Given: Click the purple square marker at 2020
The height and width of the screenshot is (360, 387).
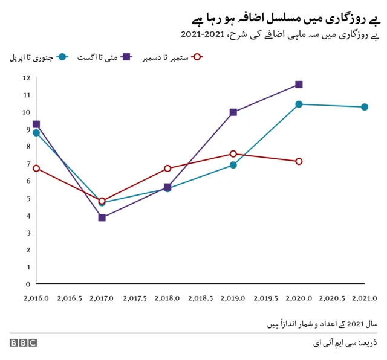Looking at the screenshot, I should click(x=299, y=85).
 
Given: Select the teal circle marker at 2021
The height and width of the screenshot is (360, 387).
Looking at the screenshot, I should click(x=364, y=107).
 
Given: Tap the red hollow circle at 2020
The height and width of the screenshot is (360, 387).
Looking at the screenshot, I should click(x=299, y=161).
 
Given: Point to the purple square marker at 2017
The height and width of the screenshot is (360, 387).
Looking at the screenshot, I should click(x=102, y=217).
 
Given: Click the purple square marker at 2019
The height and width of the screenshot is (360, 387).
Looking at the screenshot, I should click(x=233, y=112).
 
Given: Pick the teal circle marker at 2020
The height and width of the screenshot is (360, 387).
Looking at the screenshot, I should click(x=299, y=104).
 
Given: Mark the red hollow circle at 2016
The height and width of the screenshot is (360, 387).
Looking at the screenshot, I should click(x=36, y=168).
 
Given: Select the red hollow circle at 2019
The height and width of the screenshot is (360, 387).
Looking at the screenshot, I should click(x=233, y=154).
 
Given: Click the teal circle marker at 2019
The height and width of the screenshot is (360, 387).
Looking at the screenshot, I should click(x=233, y=165).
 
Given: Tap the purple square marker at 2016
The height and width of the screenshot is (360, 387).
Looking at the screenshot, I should click(x=36, y=124).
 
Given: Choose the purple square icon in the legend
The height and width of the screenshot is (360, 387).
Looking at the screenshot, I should click(x=128, y=57).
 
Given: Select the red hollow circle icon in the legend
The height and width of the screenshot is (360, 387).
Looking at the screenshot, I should click(x=195, y=57).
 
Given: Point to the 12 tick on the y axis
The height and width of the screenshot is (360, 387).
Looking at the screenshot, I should click(x=27, y=78).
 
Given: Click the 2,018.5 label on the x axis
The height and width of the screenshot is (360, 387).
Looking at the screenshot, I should click(x=200, y=298).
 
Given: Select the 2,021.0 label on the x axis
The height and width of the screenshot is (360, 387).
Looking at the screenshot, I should click(x=364, y=298).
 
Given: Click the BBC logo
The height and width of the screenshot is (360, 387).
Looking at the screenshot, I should click(x=23, y=342).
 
